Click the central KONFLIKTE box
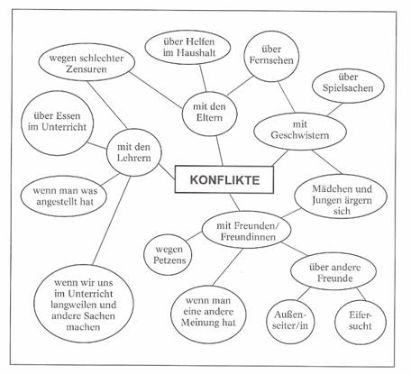tap(224, 179)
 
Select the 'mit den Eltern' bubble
tap(209, 114)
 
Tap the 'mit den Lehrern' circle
tap(134, 152)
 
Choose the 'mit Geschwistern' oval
tap(300, 132)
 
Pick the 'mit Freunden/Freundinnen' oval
tap(246, 230)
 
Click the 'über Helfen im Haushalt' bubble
tap(187, 47)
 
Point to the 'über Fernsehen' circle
tap(271, 56)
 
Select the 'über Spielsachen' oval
tap(348, 86)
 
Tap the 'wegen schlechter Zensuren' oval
tap(87, 62)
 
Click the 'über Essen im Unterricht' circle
tap(57, 123)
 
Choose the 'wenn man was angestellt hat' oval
tap(64, 196)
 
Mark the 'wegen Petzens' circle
tap(168, 255)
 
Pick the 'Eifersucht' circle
tap(361, 322)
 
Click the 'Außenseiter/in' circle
tap(290, 322)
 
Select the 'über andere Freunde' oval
tap(333, 271)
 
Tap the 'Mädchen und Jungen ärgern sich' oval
tap(341, 196)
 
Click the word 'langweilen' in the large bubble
tap(72, 305)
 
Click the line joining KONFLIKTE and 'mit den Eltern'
tap(220, 151)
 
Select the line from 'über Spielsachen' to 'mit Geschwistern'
tap(334, 109)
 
